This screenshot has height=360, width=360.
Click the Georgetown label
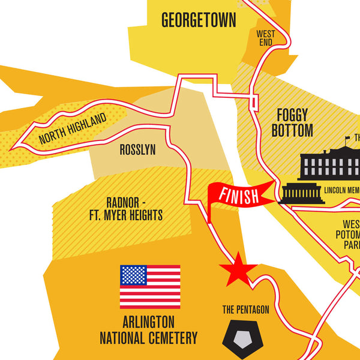pos(199,20)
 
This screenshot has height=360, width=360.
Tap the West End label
pos(265,38)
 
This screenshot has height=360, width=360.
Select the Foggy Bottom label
pos(292,122)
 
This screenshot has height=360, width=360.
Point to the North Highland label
pos(73,129)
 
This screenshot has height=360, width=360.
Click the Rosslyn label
pos(137,150)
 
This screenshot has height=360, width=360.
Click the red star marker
pos(238,267)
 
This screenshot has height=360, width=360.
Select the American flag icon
pos(150,286)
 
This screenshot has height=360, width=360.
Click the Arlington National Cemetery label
pos(148,330)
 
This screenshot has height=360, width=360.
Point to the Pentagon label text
pos(245,310)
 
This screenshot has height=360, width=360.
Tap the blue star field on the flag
pos(133,275)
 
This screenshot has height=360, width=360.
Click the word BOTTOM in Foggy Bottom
pos(292,130)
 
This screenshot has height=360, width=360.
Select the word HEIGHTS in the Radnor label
pos(142,215)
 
